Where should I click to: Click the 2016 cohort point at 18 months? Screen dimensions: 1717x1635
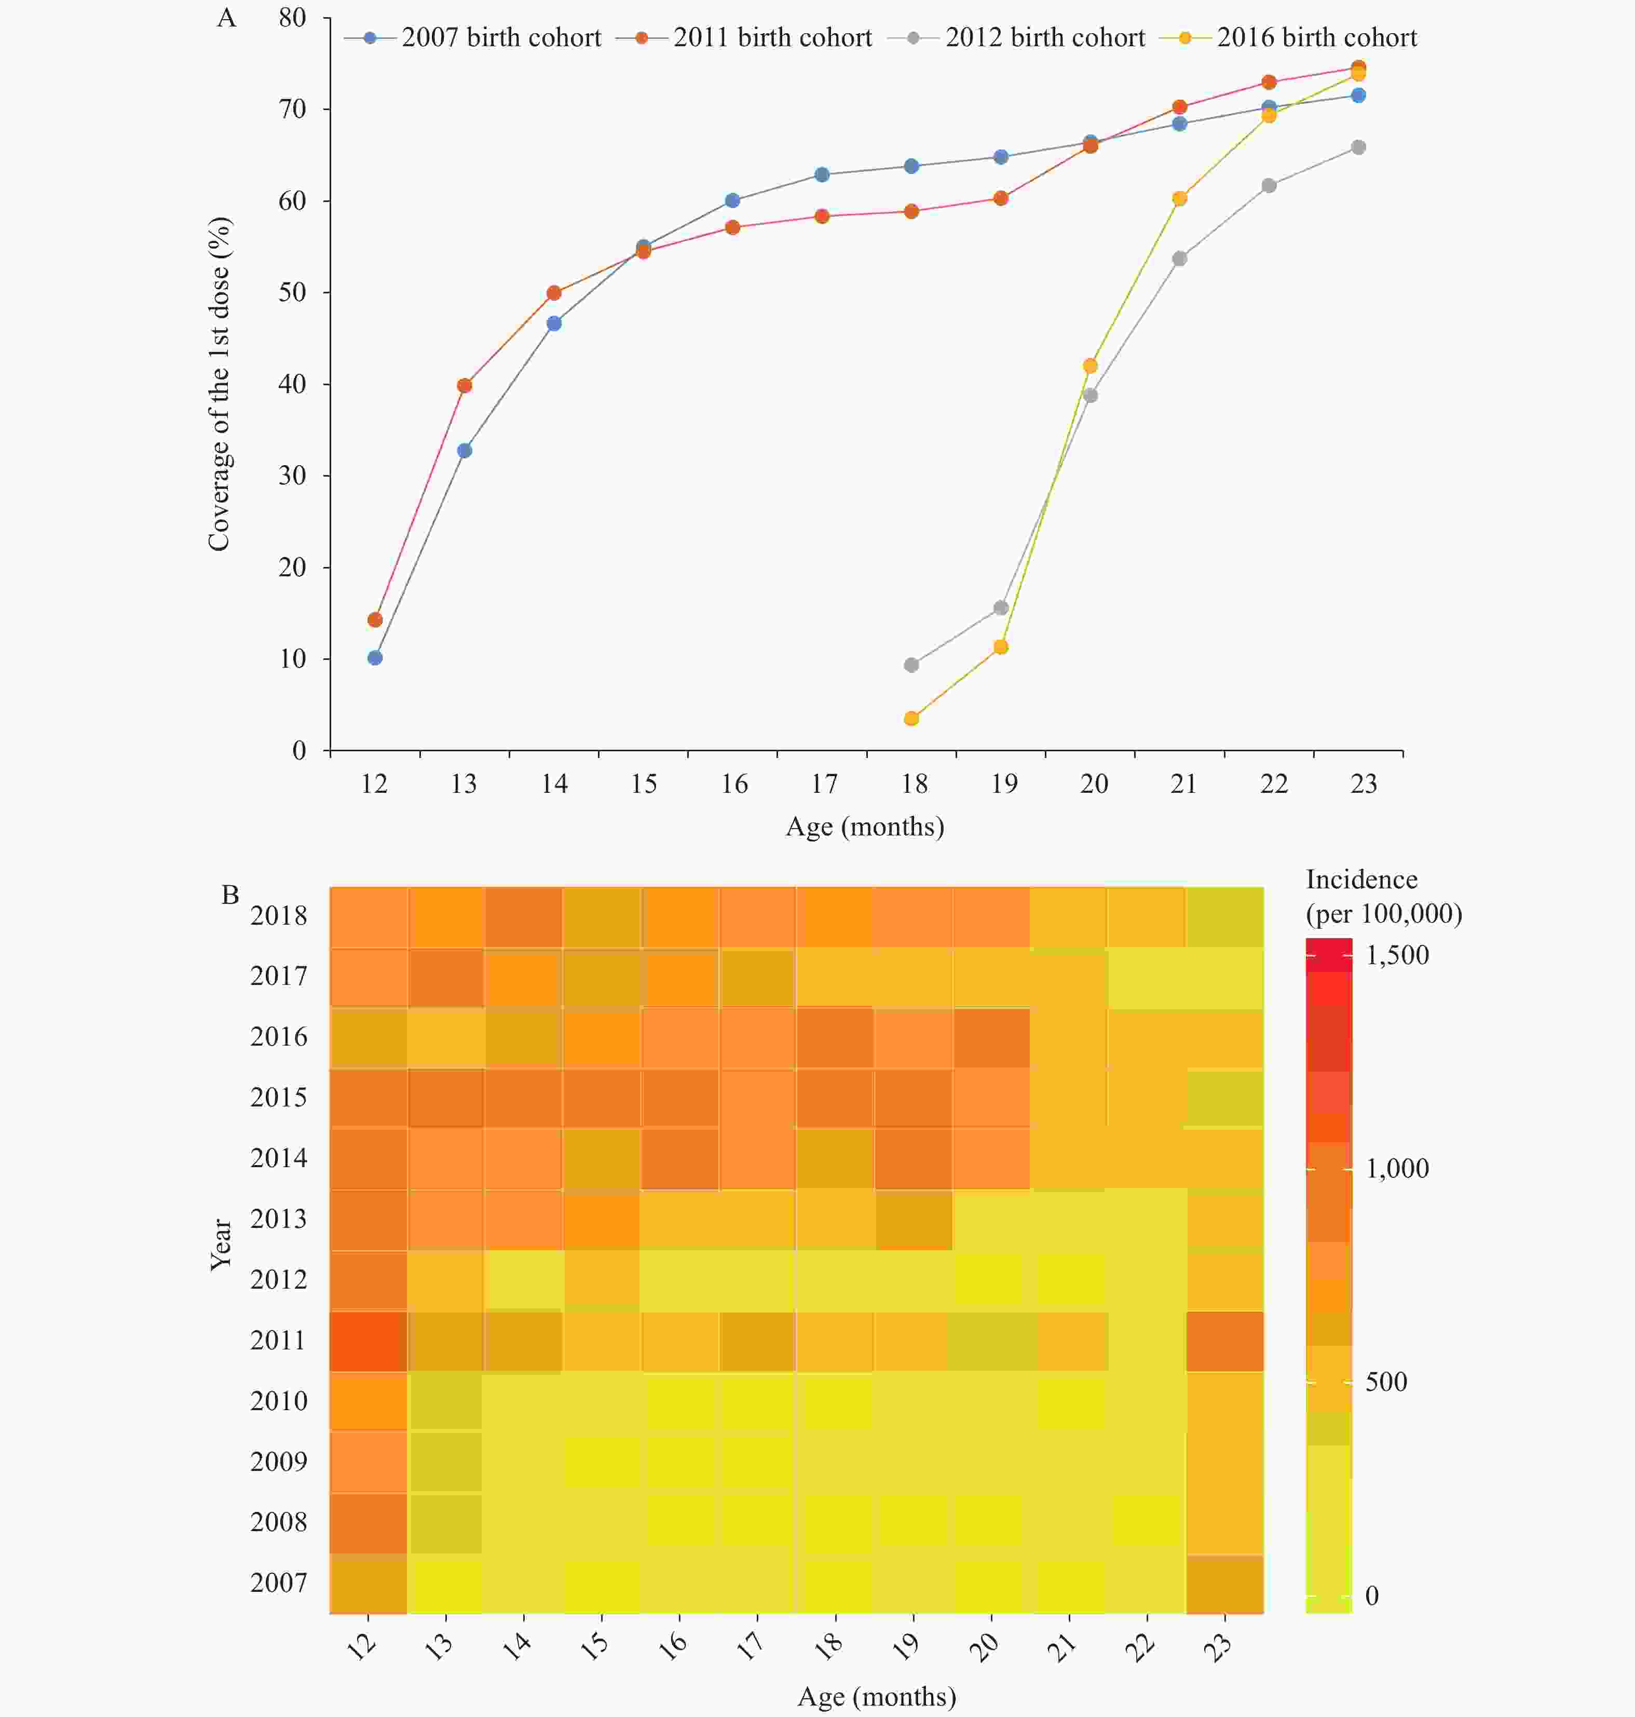[x=911, y=718]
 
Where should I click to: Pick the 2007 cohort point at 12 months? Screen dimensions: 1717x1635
[x=375, y=657]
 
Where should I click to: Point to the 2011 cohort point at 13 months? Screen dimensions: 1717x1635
[x=465, y=385]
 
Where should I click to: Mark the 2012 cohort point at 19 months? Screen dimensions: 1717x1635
[x=1001, y=607]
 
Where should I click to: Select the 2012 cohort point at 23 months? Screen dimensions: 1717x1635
[x=1358, y=147]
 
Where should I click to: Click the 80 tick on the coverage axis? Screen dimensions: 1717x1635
[x=293, y=18]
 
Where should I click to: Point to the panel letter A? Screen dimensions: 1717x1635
[x=227, y=18]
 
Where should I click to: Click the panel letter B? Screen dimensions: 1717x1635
[x=230, y=895]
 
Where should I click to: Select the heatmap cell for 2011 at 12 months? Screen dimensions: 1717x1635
[x=369, y=1341]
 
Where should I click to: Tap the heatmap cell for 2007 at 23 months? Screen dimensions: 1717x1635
[x=1224, y=1584]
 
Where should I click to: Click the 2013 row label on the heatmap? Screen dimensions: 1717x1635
[x=279, y=1219]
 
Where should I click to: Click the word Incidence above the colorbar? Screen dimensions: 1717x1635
[x=1361, y=880]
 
